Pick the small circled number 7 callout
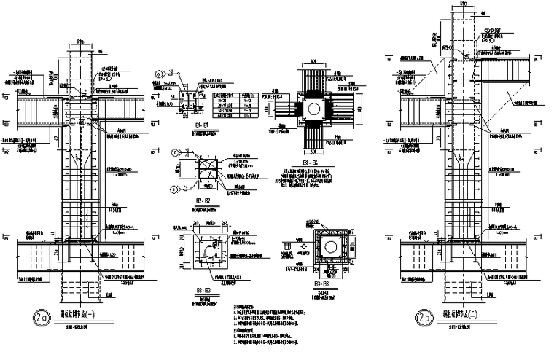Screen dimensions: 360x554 [176, 152]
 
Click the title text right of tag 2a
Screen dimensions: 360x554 [85, 315]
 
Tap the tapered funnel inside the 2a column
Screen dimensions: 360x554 [82, 157]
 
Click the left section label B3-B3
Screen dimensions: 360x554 [205, 291]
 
